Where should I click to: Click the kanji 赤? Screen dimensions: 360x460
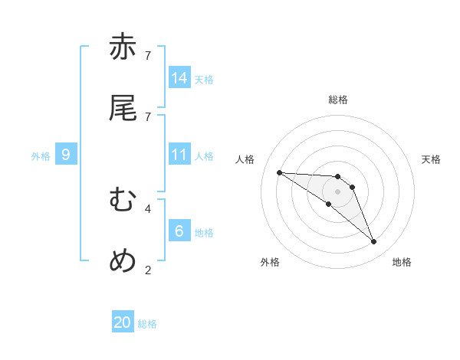(123, 47)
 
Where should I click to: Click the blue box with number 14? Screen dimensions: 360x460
(179, 78)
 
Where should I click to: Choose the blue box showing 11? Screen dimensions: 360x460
(179, 155)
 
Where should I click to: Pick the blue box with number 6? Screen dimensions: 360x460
(179, 231)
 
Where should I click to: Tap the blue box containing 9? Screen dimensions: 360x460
(66, 155)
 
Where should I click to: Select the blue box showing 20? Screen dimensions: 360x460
(123, 322)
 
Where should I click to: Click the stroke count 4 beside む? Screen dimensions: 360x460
(148, 208)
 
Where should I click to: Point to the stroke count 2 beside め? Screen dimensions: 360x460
(148, 270)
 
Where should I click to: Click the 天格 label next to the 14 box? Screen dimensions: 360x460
(204, 79)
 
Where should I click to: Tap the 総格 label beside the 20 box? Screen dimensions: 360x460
(147, 324)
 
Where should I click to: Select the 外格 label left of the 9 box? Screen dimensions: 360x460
(41, 156)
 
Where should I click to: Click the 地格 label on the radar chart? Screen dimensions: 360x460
(402, 262)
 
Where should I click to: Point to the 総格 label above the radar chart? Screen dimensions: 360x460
(338, 100)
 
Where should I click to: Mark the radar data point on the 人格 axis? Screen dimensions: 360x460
(279, 172)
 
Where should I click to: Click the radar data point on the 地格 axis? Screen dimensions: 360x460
(373, 242)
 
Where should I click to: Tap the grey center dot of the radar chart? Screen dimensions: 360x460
(337, 191)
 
